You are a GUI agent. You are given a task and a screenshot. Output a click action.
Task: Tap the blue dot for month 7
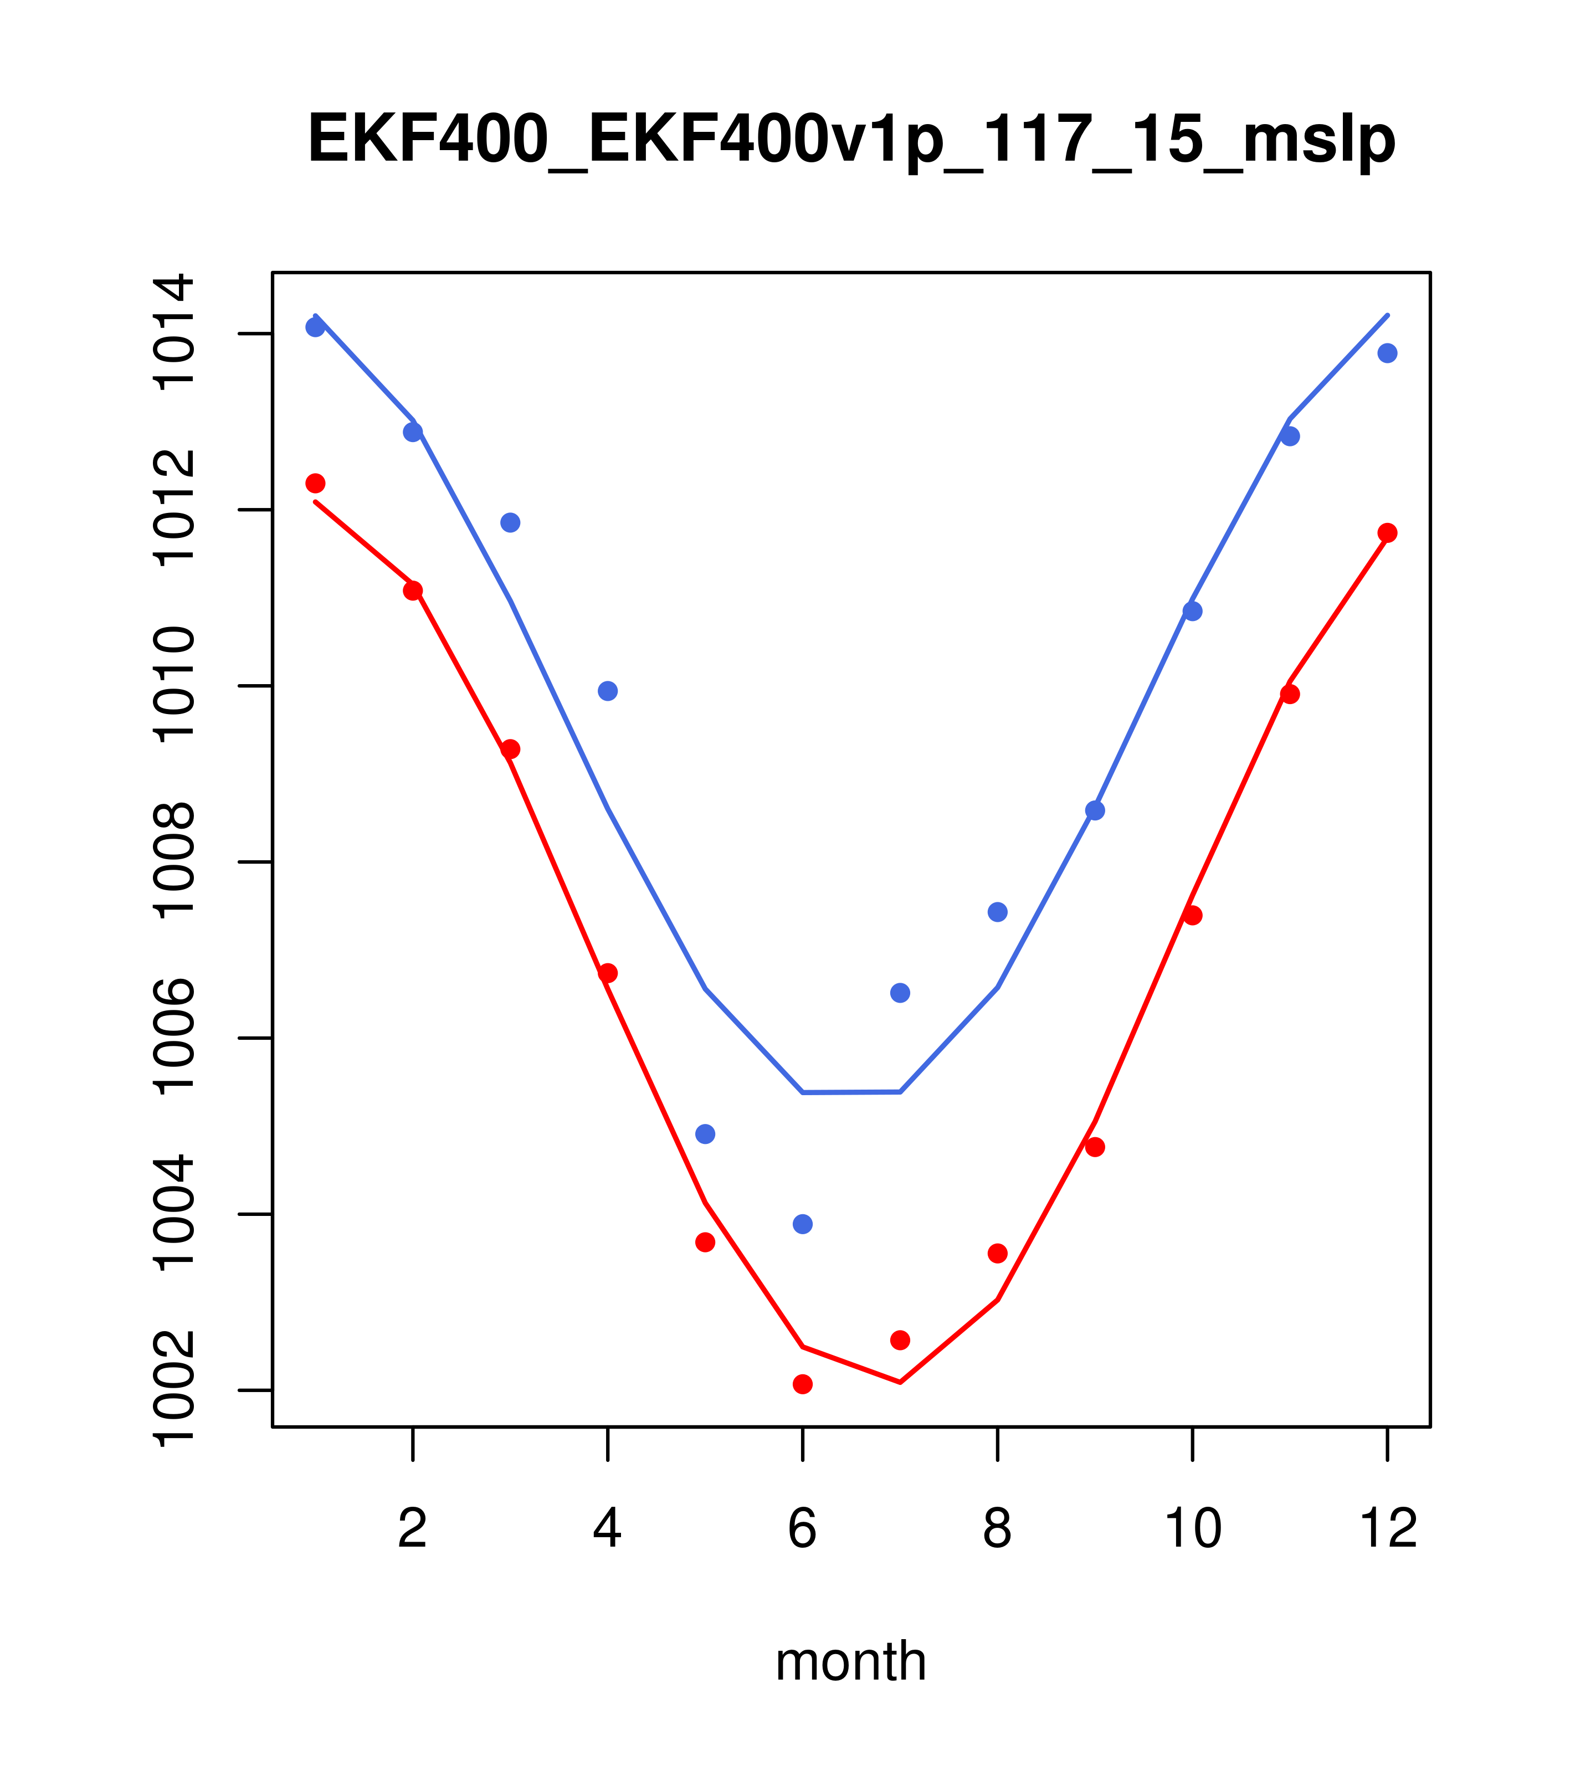pos(900,993)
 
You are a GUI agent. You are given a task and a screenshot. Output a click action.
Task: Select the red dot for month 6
pos(803,1384)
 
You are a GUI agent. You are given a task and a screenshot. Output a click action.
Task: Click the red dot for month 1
pos(315,483)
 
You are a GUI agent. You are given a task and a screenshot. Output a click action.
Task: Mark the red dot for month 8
pos(997,1254)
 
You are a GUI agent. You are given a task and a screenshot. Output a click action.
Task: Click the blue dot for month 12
pos(1388,353)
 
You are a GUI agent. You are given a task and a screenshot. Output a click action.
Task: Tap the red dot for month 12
pos(1388,533)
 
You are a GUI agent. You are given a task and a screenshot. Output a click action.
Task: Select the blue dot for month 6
pos(803,1224)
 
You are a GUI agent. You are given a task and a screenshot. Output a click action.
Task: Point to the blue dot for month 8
pos(997,912)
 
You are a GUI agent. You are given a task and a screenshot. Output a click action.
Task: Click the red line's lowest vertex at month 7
pos(900,1382)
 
